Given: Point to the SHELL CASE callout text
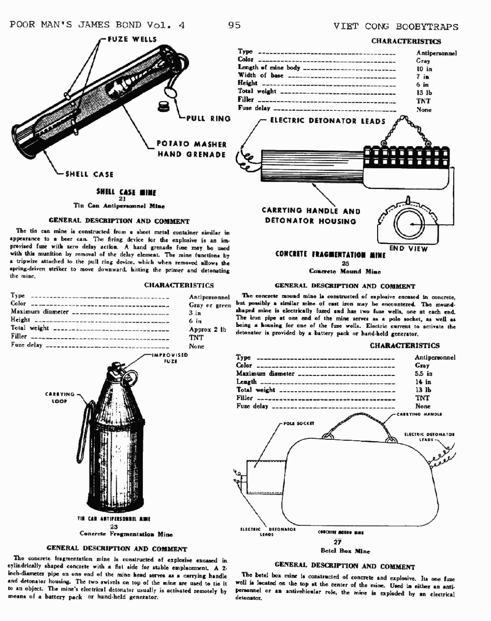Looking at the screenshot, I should point(89,174).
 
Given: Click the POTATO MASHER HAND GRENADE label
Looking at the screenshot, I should point(191,149).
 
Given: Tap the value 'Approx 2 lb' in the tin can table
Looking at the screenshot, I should point(208,329).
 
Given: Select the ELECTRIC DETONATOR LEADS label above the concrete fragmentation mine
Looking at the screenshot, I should point(328,121).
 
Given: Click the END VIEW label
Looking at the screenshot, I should point(409,249).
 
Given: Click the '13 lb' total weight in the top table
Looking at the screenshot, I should point(424,92).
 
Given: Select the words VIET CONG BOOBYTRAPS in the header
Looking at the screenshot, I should point(395,25).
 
